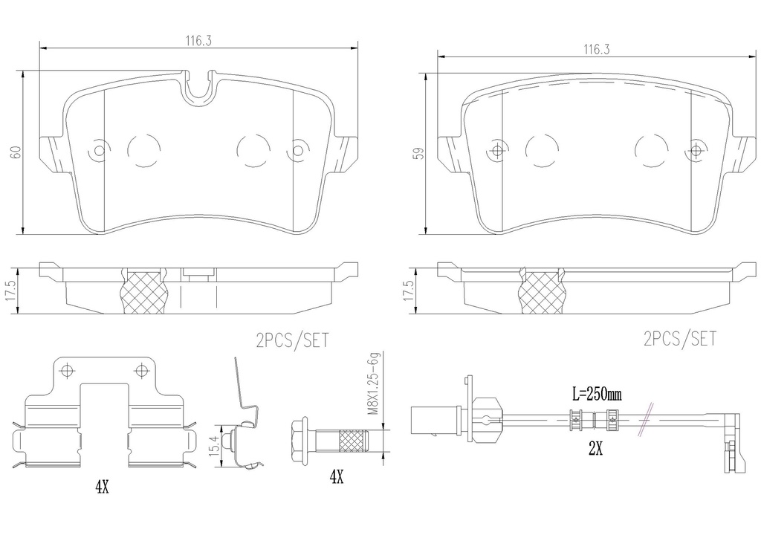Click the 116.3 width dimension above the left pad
(198, 41)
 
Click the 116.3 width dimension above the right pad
(597, 49)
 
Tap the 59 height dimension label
(418, 153)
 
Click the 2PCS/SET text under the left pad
(292, 340)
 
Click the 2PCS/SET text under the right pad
(679, 339)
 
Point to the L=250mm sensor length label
(597, 394)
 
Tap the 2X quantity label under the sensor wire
(595, 450)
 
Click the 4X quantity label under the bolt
(337, 477)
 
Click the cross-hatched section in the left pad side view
(143, 291)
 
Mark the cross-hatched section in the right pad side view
(543, 291)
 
